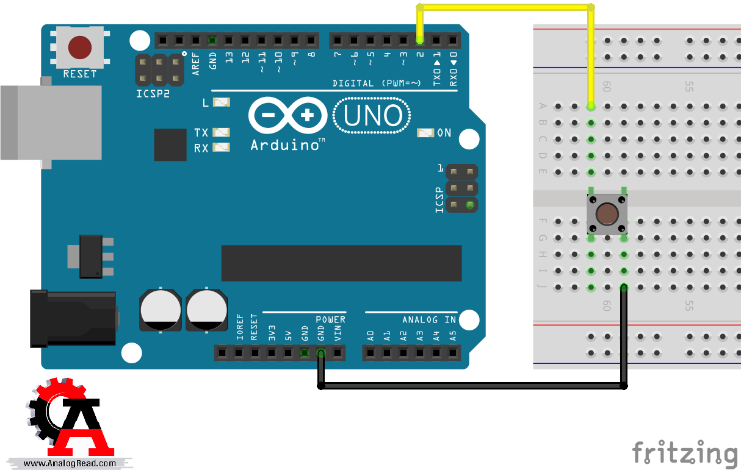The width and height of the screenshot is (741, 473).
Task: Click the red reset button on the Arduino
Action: [80, 48]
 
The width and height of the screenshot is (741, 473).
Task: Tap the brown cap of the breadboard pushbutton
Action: [607, 214]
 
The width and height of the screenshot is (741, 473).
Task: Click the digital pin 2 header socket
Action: [420, 41]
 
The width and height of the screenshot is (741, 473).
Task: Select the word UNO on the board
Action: [373, 115]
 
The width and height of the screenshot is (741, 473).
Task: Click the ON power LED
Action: [425, 133]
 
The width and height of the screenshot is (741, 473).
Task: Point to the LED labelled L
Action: [222, 102]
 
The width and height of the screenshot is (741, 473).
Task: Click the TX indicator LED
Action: [221, 132]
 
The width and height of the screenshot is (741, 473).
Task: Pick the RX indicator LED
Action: [221, 147]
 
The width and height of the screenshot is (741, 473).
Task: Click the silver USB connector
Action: [51, 123]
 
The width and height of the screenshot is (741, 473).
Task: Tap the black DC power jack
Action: [73, 319]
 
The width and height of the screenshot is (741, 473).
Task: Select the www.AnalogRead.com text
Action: [70, 463]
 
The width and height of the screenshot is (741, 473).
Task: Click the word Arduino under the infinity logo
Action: [284, 145]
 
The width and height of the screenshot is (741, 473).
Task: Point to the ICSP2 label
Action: [153, 94]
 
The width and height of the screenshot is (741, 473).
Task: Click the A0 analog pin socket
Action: [370, 353]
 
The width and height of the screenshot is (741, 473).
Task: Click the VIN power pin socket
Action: [338, 353]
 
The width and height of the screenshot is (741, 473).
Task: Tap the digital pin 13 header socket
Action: [228, 41]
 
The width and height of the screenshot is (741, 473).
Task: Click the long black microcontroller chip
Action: [341, 263]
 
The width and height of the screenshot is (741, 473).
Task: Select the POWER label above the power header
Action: [330, 320]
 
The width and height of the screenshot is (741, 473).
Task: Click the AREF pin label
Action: [195, 64]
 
